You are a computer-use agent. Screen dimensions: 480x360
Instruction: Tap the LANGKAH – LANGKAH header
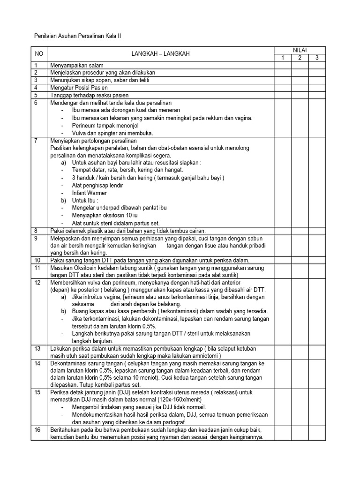(160, 54)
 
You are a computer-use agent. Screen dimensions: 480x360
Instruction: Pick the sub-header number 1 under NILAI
(283, 58)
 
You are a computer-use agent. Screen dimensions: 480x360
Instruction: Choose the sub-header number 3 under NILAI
(317, 58)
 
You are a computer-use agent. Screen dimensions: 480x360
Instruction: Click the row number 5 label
(35, 95)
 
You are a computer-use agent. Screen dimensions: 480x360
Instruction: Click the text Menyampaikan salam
(76, 65)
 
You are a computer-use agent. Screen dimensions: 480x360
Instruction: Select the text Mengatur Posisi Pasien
(79, 88)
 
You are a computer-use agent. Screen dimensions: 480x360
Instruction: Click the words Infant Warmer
(90, 193)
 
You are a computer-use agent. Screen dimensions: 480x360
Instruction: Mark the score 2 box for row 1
(300, 65)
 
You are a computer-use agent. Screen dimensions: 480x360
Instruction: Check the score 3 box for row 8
(317, 231)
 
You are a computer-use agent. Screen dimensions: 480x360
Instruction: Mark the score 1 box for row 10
(283, 260)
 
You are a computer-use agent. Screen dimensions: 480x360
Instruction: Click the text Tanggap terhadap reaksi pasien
(89, 95)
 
